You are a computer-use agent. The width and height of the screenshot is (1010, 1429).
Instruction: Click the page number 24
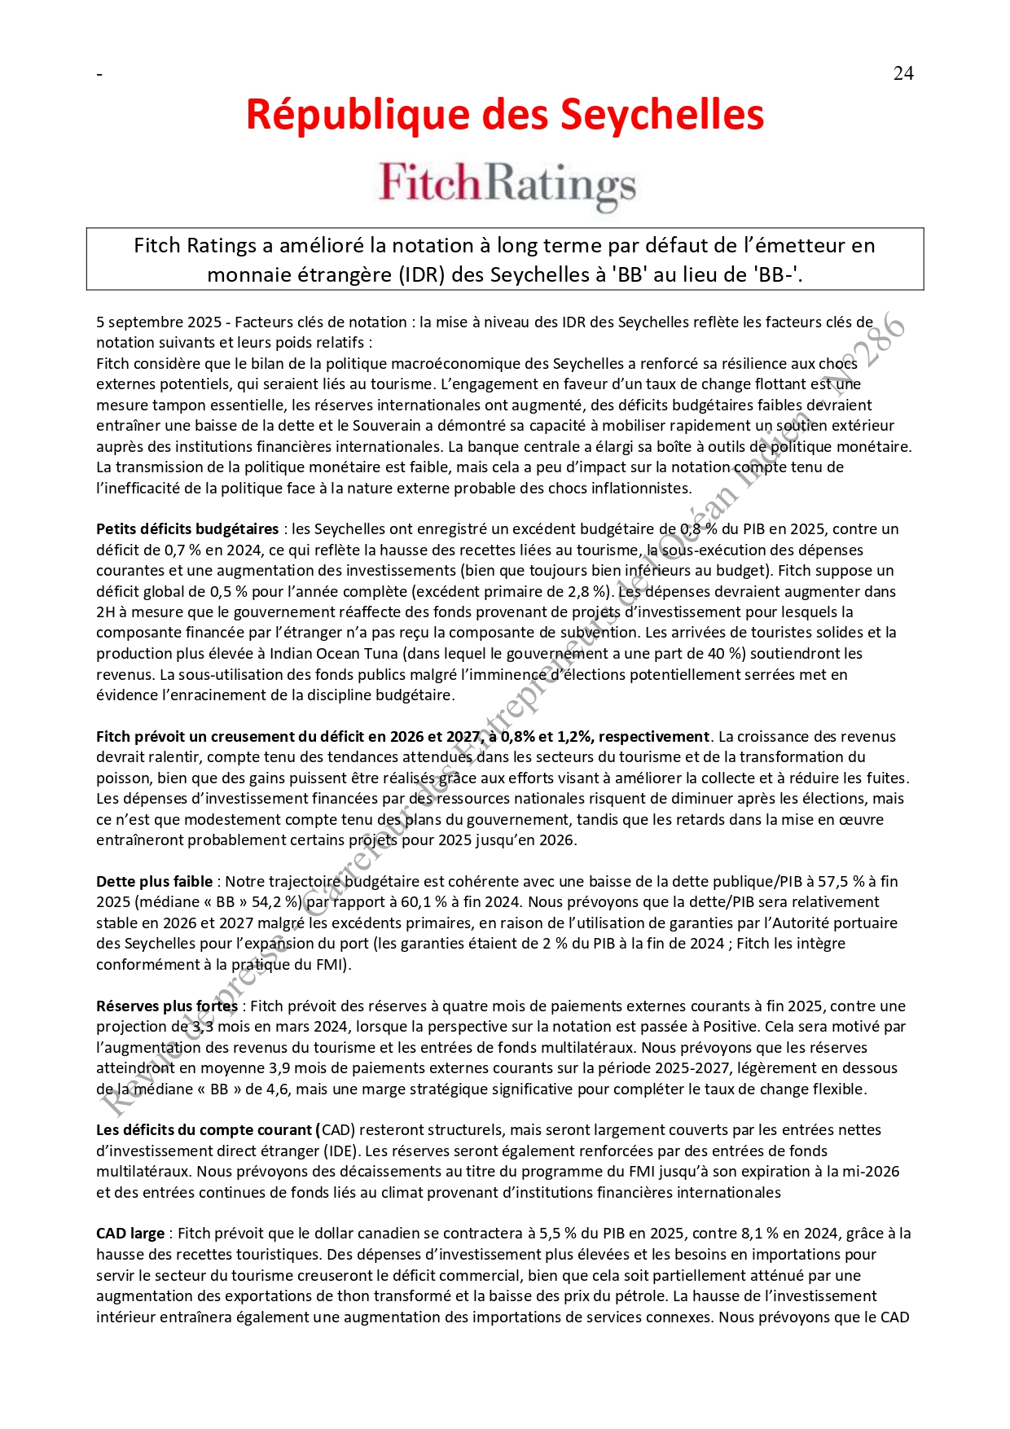[x=903, y=74]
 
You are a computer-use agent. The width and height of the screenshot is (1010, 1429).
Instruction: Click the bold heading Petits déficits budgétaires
[x=187, y=529]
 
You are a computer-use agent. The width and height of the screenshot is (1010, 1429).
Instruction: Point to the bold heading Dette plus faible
[x=154, y=882]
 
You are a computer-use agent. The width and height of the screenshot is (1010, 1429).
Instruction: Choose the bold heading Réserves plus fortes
[x=167, y=1006]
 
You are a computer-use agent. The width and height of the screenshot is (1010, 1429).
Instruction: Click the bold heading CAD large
[x=130, y=1234]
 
